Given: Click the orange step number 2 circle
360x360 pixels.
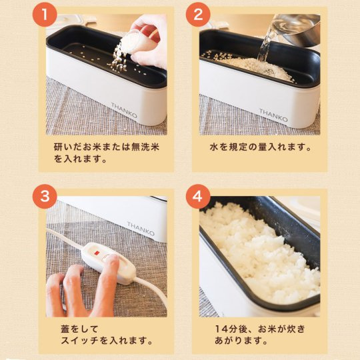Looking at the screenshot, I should pos(198,14).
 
